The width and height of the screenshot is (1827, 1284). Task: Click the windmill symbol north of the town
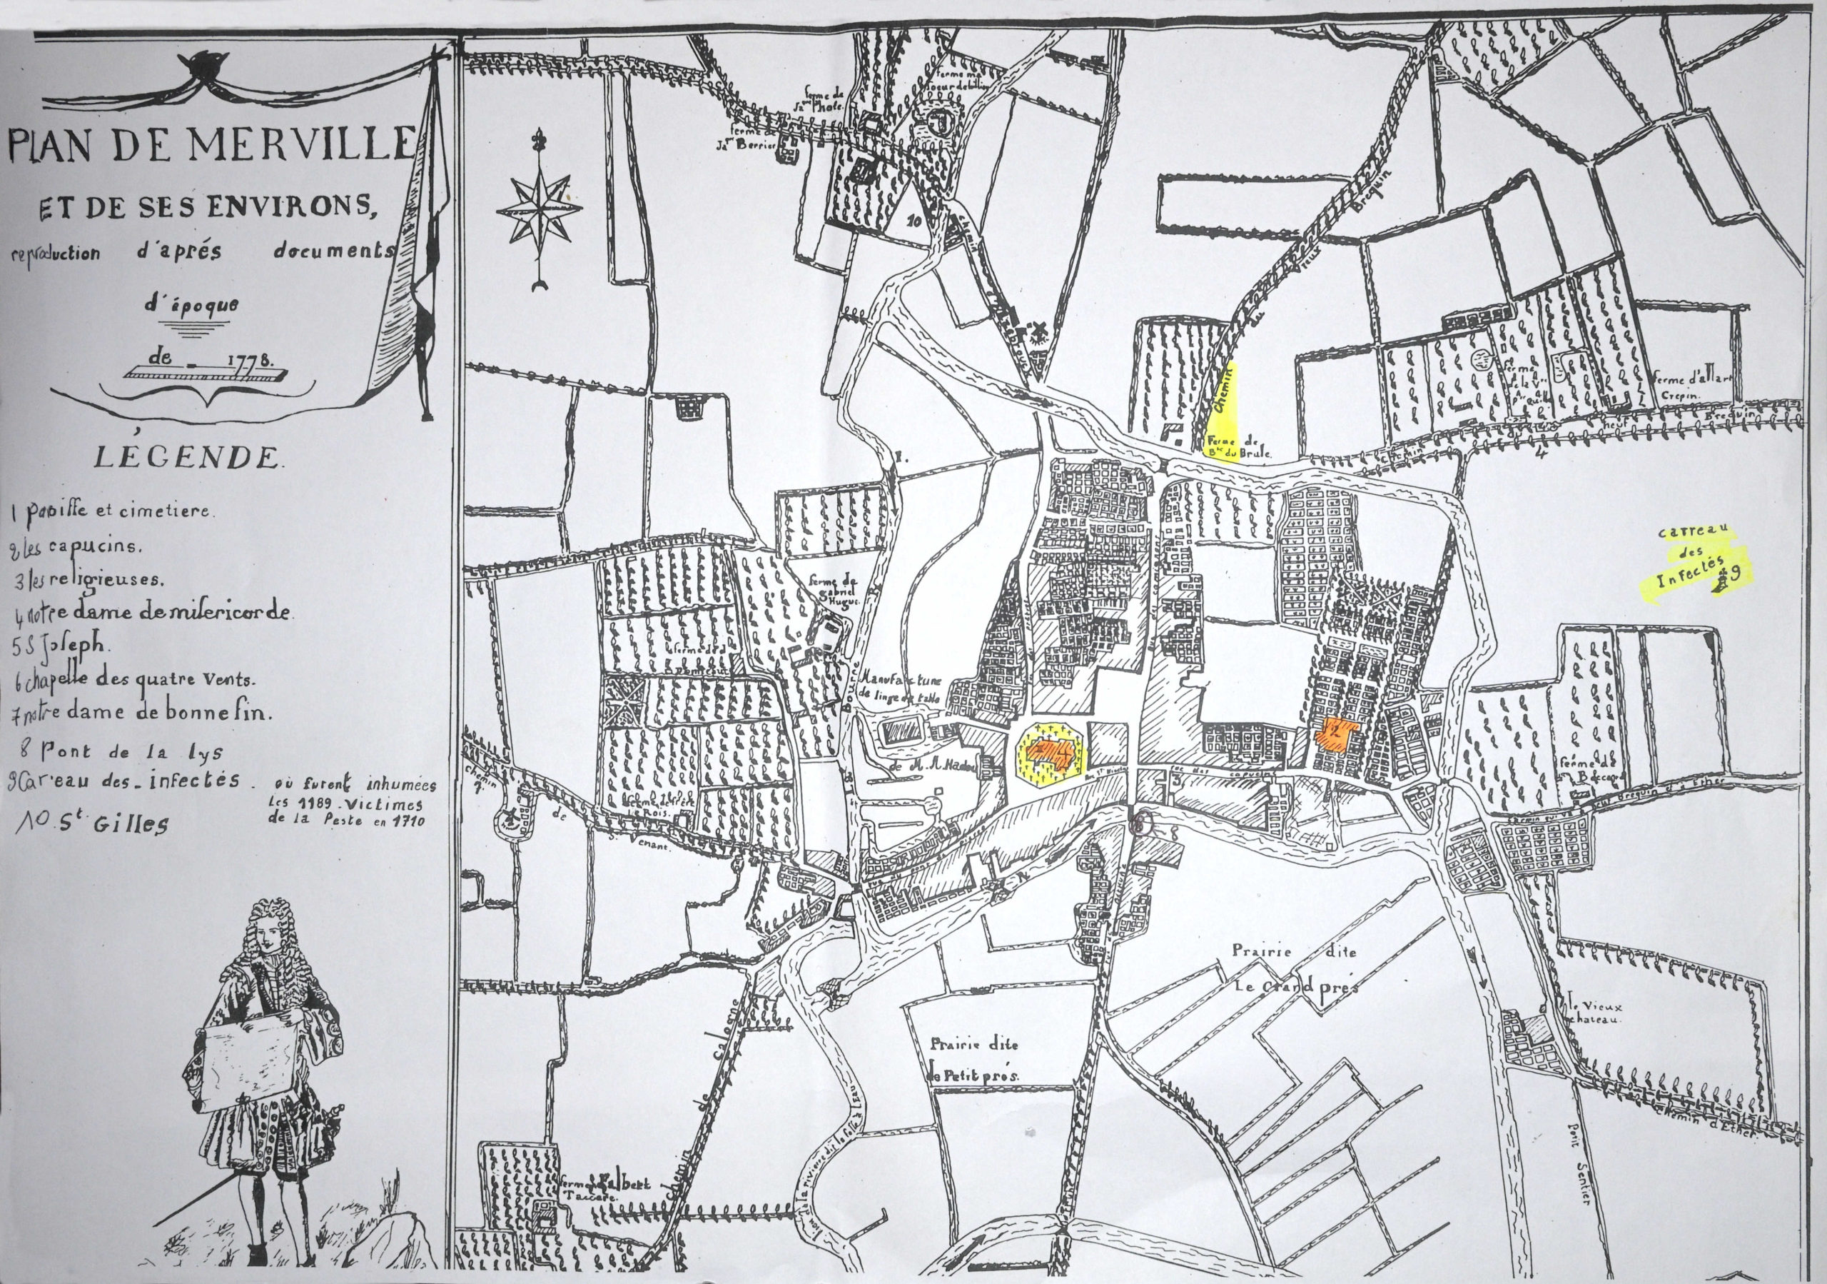tap(1037, 333)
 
